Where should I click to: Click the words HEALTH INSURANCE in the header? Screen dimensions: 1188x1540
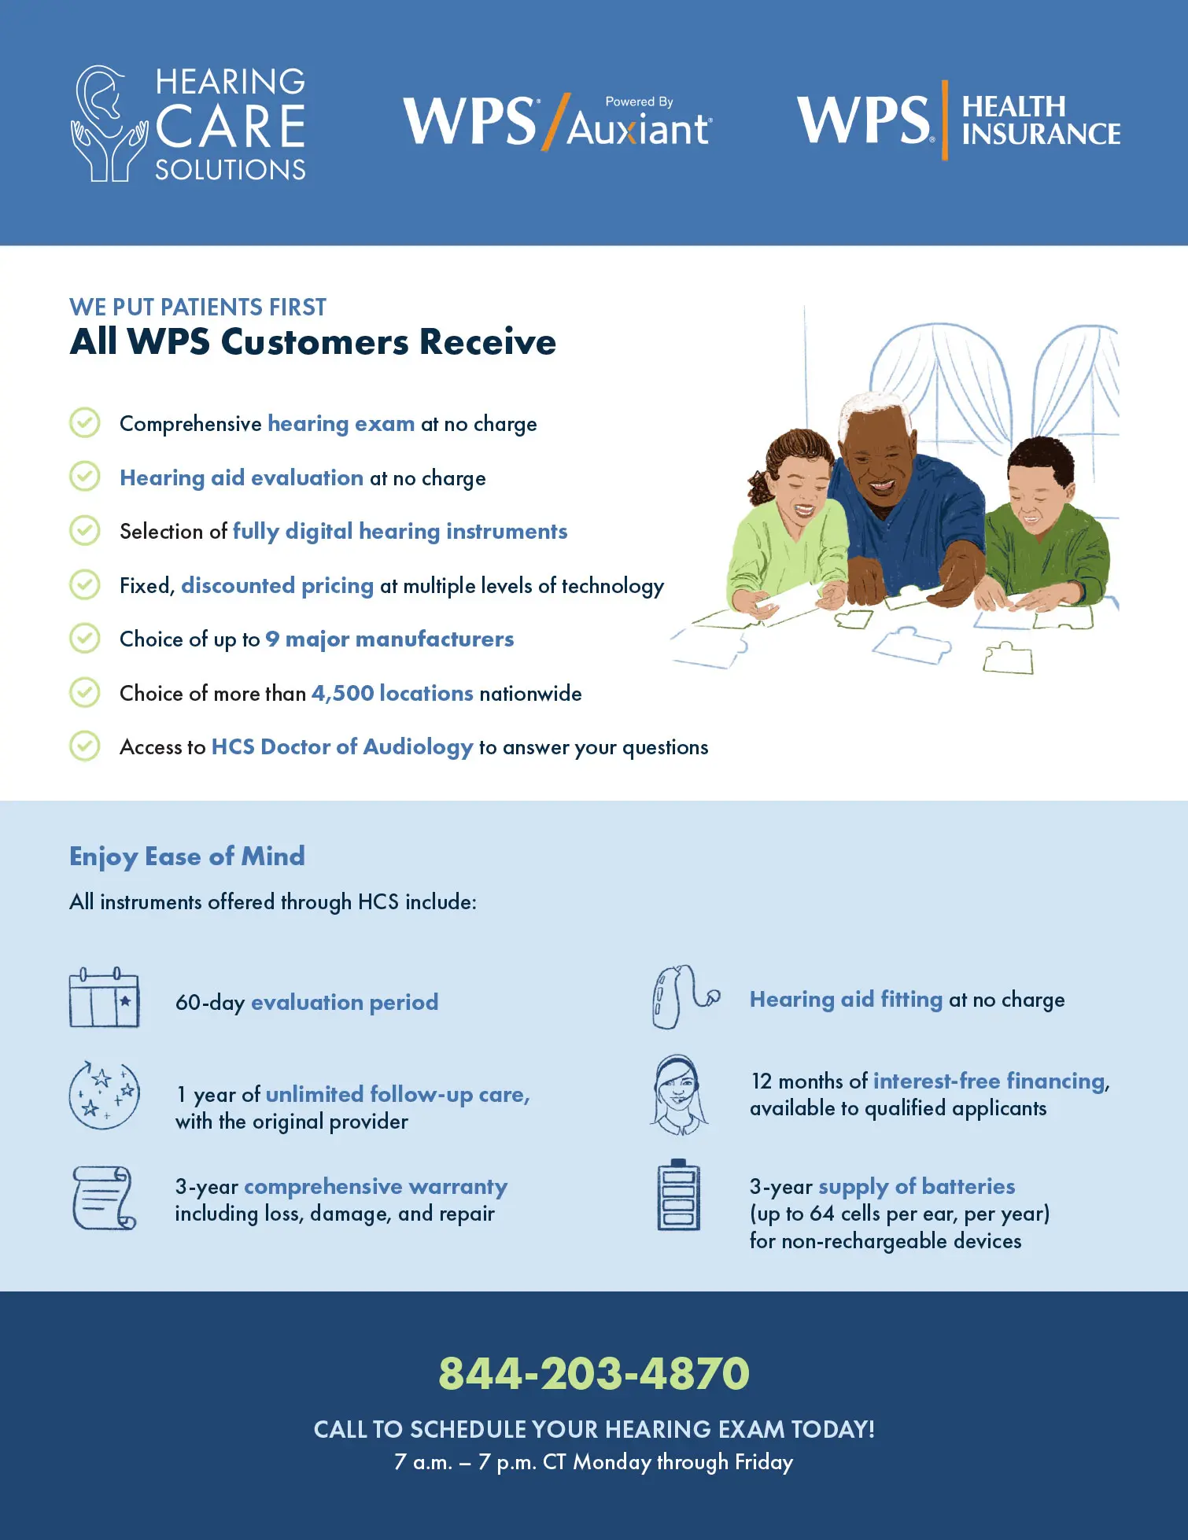(x=1041, y=120)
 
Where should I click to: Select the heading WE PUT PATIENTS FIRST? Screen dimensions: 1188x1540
(x=197, y=307)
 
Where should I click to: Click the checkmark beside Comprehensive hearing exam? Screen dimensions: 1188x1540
(x=85, y=422)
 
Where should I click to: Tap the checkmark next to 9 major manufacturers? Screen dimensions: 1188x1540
(x=85, y=638)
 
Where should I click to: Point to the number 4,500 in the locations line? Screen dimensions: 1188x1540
(x=342, y=693)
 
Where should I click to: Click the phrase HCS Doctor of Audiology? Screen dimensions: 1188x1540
(x=342, y=746)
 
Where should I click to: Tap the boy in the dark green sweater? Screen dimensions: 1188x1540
(x=1042, y=527)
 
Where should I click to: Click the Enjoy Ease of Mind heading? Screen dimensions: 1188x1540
(x=187, y=857)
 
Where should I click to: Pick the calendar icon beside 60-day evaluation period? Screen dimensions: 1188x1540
(x=104, y=997)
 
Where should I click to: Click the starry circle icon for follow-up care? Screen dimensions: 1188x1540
(x=105, y=1094)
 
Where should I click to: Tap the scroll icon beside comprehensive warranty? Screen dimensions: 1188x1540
(x=104, y=1198)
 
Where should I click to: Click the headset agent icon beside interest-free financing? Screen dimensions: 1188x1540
(x=679, y=1095)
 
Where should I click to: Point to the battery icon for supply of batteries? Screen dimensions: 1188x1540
(x=678, y=1195)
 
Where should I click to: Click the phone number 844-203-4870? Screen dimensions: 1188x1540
(x=594, y=1373)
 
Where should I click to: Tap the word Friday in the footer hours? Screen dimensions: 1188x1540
(x=764, y=1462)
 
